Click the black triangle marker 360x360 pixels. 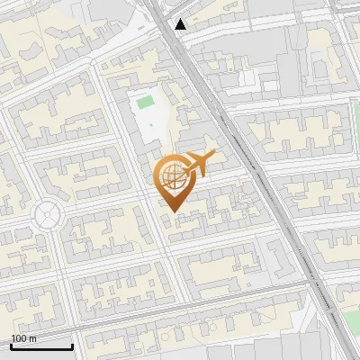(x=182, y=24)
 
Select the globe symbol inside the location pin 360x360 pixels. (x=172, y=177)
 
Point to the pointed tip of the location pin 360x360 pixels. (x=173, y=212)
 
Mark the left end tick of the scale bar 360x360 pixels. (x=11, y=346)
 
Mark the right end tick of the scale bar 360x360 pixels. (x=72, y=346)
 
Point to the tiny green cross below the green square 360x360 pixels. (x=151, y=124)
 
